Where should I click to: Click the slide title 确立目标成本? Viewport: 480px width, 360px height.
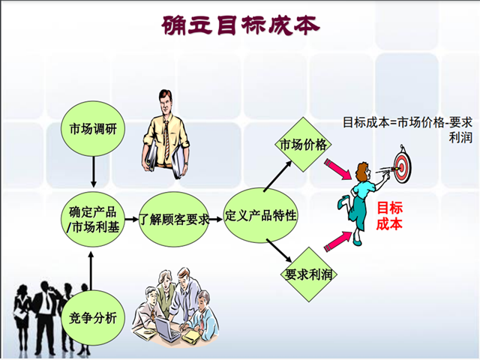pyautogui.click(x=241, y=25)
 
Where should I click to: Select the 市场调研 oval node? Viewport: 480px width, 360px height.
pyautogui.click(x=93, y=129)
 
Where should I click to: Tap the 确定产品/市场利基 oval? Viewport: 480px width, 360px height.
pyautogui.click(x=93, y=219)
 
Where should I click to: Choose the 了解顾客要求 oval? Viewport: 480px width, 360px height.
pyautogui.click(x=174, y=219)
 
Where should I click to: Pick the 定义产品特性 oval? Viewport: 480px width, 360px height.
pyautogui.click(x=260, y=215)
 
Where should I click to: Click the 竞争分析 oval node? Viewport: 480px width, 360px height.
pyautogui.click(x=93, y=318)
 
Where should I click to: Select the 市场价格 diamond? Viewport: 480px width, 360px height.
pyautogui.click(x=303, y=144)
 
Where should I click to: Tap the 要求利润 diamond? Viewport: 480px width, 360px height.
pyautogui.click(x=308, y=274)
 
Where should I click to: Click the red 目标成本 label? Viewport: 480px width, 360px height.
pyautogui.click(x=389, y=216)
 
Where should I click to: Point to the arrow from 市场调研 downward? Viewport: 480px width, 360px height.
pyautogui.click(x=93, y=172)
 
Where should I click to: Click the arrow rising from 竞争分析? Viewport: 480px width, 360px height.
pyautogui.click(x=91, y=271)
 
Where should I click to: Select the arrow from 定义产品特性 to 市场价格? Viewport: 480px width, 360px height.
pyautogui.click(x=277, y=176)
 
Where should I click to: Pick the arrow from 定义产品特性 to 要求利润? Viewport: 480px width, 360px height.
pyautogui.click(x=279, y=250)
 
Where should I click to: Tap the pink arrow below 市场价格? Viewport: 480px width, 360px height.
pyautogui.click(x=338, y=169)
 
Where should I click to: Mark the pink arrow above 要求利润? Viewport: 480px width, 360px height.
pyautogui.click(x=338, y=241)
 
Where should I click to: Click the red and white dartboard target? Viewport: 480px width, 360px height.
pyautogui.click(x=403, y=166)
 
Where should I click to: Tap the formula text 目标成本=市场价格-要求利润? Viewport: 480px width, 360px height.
pyautogui.click(x=407, y=130)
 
